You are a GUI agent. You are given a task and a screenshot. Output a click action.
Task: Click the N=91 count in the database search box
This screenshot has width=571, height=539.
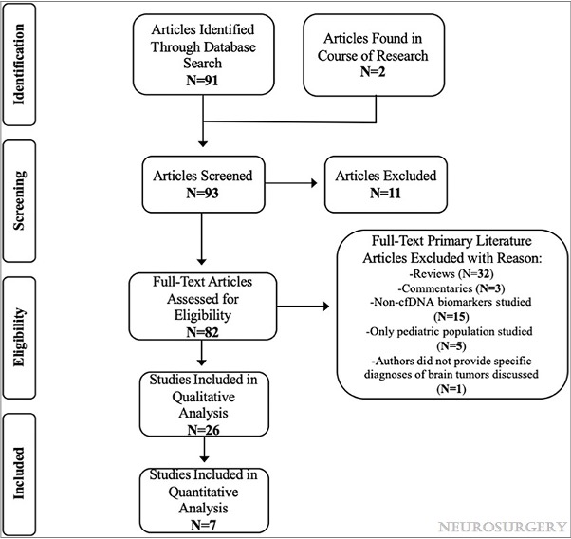(202, 80)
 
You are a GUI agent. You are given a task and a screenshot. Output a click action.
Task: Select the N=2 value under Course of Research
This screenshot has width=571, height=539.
(373, 71)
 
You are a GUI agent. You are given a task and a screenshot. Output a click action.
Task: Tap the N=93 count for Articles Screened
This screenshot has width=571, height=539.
(202, 193)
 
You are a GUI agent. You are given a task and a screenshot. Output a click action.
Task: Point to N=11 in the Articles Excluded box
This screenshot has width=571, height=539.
(385, 193)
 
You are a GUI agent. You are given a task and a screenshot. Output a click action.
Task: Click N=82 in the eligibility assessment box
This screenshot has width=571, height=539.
(202, 332)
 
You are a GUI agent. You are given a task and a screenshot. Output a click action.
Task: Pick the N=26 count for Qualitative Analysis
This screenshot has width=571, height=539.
(204, 430)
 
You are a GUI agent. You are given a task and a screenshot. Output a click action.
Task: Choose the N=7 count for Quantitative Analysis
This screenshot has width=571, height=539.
(203, 525)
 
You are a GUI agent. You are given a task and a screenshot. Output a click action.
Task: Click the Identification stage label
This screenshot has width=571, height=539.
(19, 65)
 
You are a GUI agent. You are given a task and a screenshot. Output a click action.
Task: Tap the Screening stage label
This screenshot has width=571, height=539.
(19, 200)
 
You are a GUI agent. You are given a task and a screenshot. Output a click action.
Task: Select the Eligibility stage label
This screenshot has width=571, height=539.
(19, 337)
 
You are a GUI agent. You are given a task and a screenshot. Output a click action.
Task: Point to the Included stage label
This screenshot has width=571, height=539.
(19, 473)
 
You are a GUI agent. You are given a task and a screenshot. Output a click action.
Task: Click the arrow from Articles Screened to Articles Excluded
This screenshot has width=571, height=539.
(291, 182)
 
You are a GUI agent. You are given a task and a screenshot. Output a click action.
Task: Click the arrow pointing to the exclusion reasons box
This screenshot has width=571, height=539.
(303, 307)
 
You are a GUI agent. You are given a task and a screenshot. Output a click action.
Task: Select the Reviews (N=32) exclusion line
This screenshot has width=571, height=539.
(451, 273)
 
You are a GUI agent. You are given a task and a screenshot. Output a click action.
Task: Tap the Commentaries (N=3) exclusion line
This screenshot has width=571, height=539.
(451, 288)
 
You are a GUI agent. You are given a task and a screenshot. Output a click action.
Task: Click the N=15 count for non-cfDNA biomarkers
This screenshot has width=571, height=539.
(451, 316)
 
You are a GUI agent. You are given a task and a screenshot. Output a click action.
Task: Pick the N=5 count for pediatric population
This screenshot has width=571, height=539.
(451, 345)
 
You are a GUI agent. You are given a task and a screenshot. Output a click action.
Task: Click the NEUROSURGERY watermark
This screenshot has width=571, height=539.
(503, 527)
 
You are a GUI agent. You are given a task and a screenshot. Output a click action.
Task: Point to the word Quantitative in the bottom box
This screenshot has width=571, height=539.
(203, 493)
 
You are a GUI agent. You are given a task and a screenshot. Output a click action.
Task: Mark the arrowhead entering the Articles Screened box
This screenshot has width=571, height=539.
(203, 143)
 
